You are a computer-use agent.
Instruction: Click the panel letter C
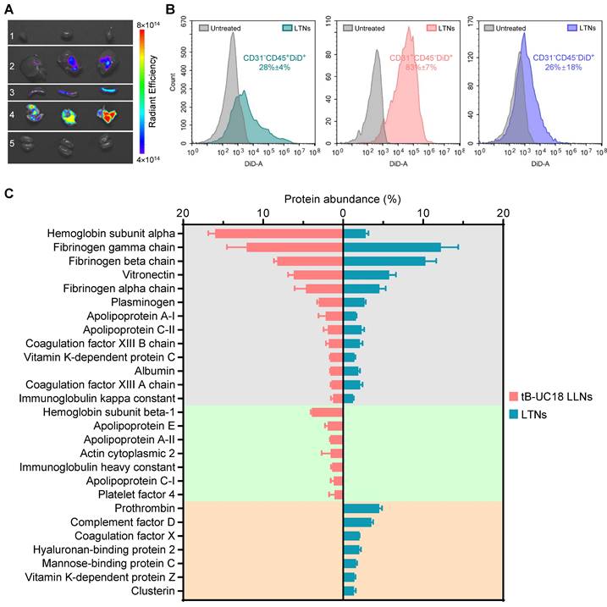(8, 195)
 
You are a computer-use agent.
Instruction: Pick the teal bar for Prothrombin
(361, 508)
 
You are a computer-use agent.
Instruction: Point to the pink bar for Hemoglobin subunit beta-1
(327, 412)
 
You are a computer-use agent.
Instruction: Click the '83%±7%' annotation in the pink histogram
(412, 67)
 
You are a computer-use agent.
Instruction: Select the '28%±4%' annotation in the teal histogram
(268, 67)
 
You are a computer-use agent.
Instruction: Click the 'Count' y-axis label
(185, 86)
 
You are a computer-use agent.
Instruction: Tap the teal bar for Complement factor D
(358, 521)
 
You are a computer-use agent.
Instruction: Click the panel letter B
(169, 10)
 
